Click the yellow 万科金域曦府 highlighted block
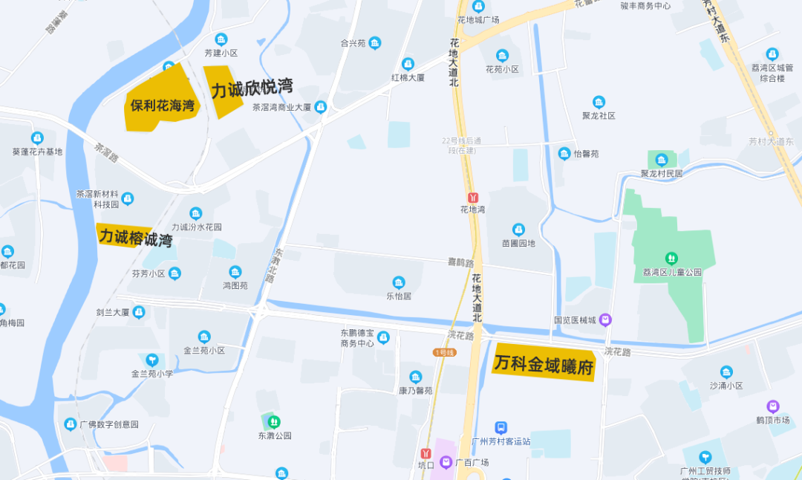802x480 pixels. click(x=544, y=364)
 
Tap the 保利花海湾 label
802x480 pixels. click(x=162, y=106)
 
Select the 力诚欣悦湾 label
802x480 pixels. click(x=251, y=89)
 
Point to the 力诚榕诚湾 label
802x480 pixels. click(x=136, y=239)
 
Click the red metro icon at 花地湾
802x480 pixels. click(x=473, y=198)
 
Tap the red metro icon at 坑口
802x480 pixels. click(x=426, y=453)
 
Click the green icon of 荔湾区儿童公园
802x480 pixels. click(x=672, y=259)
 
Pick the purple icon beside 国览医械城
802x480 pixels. click(x=606, y=320)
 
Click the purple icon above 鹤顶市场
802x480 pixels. click(x=773, y=406)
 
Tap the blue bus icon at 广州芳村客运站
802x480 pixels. click(x=501, y=428)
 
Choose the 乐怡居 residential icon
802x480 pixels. click(x=399, y=282)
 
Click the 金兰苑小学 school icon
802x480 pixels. click(x=152, y=360)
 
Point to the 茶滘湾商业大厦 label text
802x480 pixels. click(x=281, y=107)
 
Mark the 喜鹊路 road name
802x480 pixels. click(x=461, y=262)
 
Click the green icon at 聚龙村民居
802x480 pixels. click(x=661, y=160)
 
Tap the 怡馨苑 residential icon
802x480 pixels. click(x=564, y=154)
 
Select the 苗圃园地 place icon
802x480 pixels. click(x=518, y=230)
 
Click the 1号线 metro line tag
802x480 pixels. click(x=444, y=352)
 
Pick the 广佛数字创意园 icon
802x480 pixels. click(x=71, y=424)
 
